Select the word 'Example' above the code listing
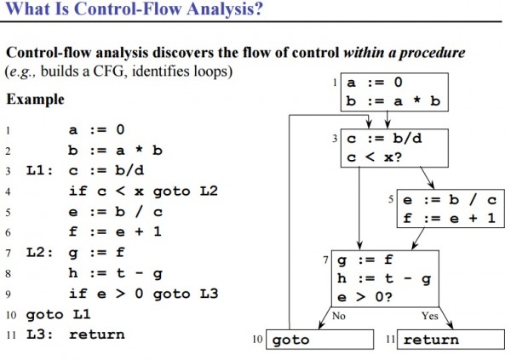[35, 100]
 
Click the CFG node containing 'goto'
[320, 340]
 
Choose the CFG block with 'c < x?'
[393, 148]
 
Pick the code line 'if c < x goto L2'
[142, 191]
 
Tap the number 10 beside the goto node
[260, 340]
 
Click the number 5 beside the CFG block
[391, 199]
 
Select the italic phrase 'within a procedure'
[405, 53]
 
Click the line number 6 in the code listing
[8, 232]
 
